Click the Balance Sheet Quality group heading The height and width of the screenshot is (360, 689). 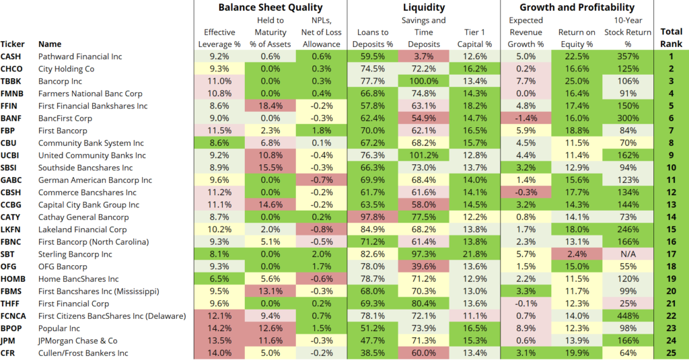(x=270, y=7)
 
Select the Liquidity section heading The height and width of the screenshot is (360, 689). (x=424, y=7)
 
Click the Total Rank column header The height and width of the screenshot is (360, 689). (x=671, y=38)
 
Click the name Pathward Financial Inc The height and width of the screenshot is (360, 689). (x=84, y=57)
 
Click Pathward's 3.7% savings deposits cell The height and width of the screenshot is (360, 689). (x=424, y=57)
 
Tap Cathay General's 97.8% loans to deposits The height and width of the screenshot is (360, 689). (x=373, y=217)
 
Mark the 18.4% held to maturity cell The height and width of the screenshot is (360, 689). (x=270, y=106)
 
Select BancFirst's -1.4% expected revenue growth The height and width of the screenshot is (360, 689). (x=526, y=118)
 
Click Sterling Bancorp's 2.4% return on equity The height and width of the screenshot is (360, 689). (x=577, y=254)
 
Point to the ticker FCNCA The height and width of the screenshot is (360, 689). (x=15, y=316)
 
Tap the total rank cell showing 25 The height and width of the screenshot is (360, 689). (x=671, y=353)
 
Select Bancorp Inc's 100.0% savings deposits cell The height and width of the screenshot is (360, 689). (x=424, y=81)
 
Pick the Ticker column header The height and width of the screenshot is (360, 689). (x=12, y=44)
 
